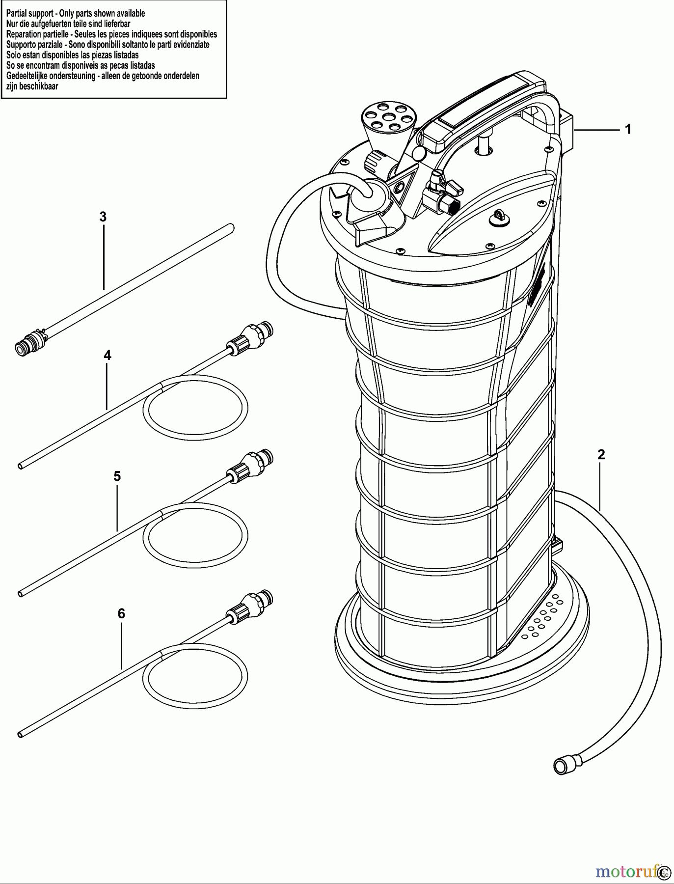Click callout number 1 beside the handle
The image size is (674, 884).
pos(627,129)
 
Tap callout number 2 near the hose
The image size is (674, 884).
pos(601,455)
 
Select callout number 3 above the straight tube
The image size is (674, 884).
pos(103,217)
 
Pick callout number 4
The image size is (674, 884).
pos(108,355)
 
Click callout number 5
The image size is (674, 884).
pos(117,476)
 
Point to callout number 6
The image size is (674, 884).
pos(121,613)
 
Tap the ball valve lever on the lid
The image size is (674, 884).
pos(452,186)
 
